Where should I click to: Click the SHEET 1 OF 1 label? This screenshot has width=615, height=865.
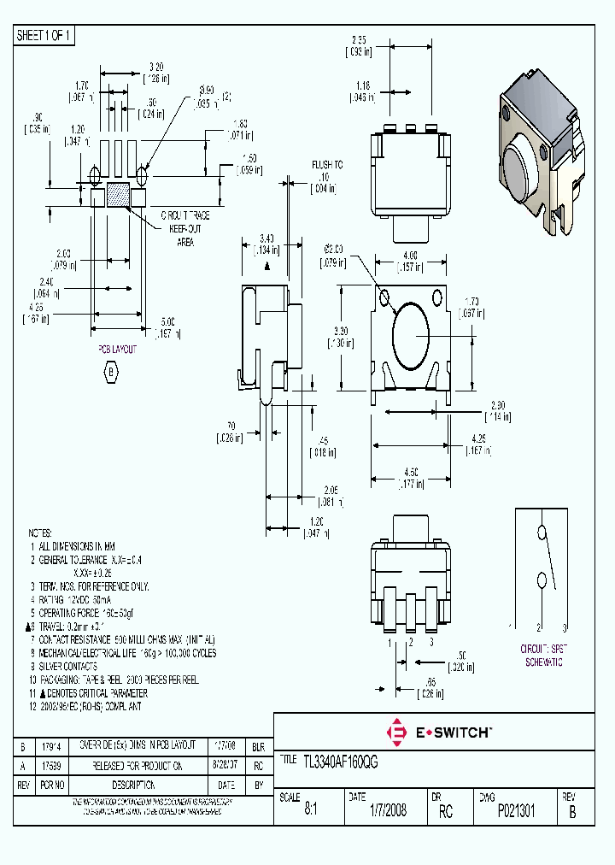[45, 35]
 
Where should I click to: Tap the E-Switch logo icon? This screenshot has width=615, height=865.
[397, 733]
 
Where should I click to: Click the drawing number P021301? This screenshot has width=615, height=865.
[517, 812]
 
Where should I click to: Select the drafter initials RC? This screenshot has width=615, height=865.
[445, 812]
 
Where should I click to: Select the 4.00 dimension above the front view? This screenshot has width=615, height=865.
[411, 255]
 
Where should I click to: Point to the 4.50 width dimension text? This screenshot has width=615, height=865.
[411, 470]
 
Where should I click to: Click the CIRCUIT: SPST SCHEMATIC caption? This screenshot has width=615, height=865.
[543, 656]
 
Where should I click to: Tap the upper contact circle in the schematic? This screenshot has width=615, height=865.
[541, 533]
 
